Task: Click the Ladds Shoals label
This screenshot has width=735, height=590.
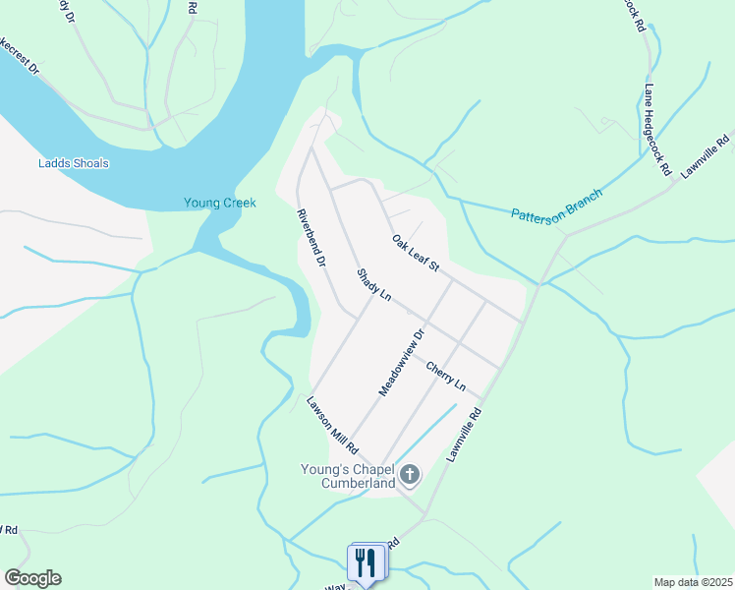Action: point(73,163)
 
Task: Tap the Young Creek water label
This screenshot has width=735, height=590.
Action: point(219,204)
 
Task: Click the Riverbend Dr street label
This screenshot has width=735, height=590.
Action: point(311,238)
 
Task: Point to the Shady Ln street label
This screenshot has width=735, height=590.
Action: point(373,285)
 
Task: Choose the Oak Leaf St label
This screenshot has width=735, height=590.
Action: point(415,254)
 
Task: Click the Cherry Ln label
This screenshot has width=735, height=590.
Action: point(444,374)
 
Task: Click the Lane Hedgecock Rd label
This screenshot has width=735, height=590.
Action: point(656,130)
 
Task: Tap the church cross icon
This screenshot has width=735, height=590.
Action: point(410,477)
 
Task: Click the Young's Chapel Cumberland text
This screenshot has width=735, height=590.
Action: point(347,476)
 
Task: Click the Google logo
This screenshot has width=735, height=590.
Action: point(32,578)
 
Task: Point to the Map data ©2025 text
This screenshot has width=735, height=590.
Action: point(693,582)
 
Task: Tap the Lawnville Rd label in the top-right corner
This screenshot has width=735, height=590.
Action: point(707,155)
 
